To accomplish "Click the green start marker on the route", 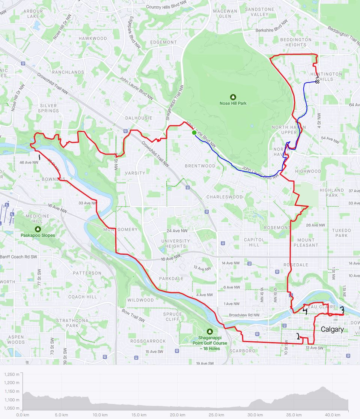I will click(x=194, y=132).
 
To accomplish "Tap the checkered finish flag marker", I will click(x=318, y=81).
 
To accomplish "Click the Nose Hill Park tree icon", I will click(x=233, y=97).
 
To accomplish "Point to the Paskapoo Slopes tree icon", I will click(x=38, y=229).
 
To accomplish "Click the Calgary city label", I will click(x=332, y=330).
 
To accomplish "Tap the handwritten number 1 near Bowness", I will click(x=39, y=157).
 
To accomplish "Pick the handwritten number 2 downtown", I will click(x=298, y=337).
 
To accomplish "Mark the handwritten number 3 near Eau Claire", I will click(x=342, y=310).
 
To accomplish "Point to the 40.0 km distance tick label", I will click(x=333, y=415).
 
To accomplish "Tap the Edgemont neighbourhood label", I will click(x=163, y=42).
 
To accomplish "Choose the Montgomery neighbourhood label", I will click(x=120, y=230).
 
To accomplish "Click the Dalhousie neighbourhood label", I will click(x=139, y=118).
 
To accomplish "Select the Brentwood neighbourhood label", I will click(x=200, y=166).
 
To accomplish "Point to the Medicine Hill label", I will click(x=38, y=219).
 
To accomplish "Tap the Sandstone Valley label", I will click(x=259, y=12).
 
